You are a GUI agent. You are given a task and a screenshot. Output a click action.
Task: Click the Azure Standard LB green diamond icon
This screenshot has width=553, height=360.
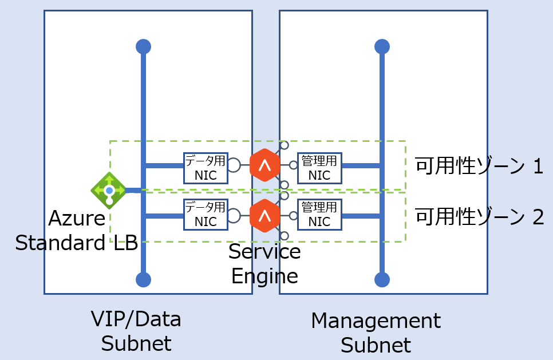click(x=109, y=190)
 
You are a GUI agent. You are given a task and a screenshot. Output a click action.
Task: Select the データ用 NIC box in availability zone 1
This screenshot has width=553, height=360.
click(x=206, y=168)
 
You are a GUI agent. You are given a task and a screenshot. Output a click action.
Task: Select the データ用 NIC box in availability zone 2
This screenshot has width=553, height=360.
click(x=206, y=215)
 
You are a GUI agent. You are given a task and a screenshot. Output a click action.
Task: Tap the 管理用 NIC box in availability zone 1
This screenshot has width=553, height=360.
click(x=319, y=168)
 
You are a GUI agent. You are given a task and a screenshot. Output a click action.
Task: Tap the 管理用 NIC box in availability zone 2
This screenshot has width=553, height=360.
click(x=319, y=215)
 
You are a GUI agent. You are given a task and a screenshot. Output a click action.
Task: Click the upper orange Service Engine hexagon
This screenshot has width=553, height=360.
click(x=264, y=165)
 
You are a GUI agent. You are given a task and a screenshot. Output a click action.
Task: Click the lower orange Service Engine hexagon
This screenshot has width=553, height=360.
click(x=264, y=216)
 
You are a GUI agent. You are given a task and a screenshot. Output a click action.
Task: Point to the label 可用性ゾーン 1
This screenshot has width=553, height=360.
click(x=479, y=166)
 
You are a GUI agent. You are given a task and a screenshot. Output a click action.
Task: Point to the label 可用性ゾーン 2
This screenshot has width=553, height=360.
click(x=479, y=217)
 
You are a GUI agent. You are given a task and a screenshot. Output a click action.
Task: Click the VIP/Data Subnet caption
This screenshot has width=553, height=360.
click(x=136, y=331)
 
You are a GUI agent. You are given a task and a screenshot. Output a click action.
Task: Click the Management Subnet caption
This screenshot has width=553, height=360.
click(x=376, y=333)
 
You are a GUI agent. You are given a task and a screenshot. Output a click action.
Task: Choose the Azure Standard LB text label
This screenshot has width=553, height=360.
click(x=76, y=231)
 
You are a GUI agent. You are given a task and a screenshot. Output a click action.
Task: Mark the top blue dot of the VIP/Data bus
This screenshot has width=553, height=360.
click(x=143, y=46)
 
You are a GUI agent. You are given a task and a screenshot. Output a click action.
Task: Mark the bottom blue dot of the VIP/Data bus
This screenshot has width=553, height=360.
click(x=143, y=279)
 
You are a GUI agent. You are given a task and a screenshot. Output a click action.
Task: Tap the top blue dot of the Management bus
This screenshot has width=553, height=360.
click(x=382, y=46)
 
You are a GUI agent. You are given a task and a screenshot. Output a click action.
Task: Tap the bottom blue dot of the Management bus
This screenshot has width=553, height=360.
click(x=382, y=279)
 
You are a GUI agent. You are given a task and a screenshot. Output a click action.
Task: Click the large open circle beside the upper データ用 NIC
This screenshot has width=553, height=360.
click(x=233, y=165)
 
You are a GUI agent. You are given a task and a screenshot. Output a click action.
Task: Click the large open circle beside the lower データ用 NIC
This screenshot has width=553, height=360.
click(x=233, y=216)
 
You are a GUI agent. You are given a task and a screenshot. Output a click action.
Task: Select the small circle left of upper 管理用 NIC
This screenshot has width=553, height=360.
click(x=293, y=165)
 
